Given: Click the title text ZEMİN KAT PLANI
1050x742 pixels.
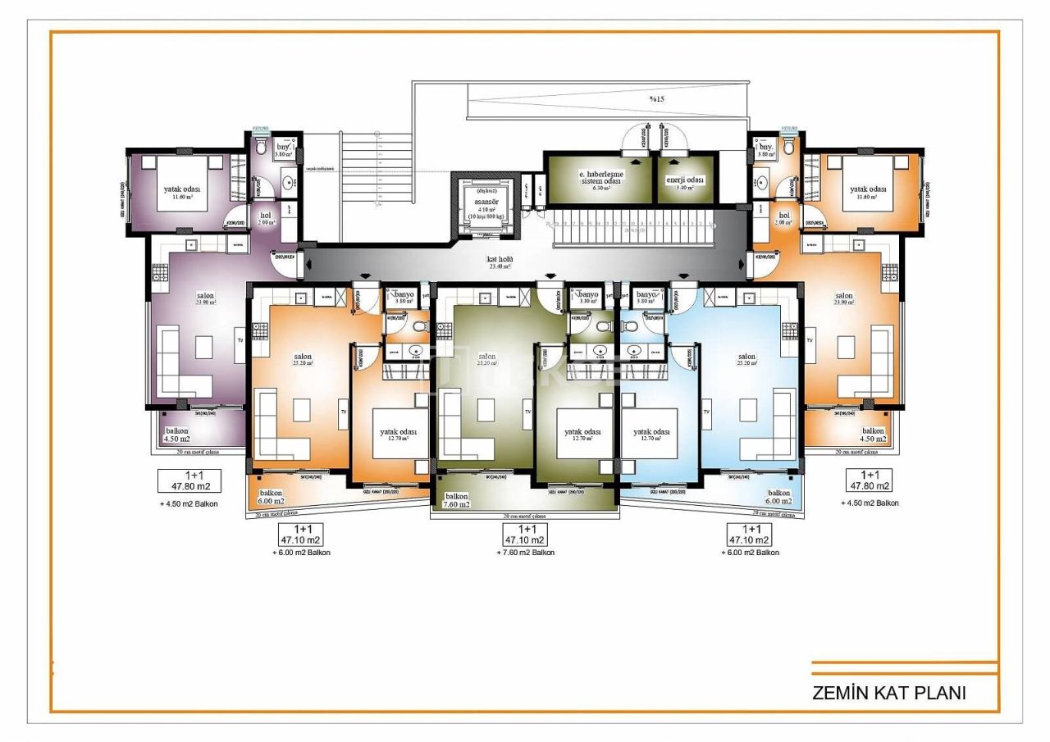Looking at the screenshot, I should (x=888, y=692).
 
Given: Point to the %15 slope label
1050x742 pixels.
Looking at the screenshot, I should (x=657, y=99).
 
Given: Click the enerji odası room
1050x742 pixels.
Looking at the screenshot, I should (x=684, y=183).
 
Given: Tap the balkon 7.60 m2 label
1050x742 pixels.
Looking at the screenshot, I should (x=457, y=500).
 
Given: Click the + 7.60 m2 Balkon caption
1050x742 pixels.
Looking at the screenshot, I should (x=525, y=553).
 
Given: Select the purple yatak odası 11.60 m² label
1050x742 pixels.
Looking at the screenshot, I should (x=182, y=193).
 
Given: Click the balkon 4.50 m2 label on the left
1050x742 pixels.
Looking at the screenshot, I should (x=177, y=435).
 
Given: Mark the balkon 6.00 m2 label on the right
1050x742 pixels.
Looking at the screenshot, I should (x=778, y=497).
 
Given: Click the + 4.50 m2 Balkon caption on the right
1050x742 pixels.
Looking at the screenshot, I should (x=870, y=503).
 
